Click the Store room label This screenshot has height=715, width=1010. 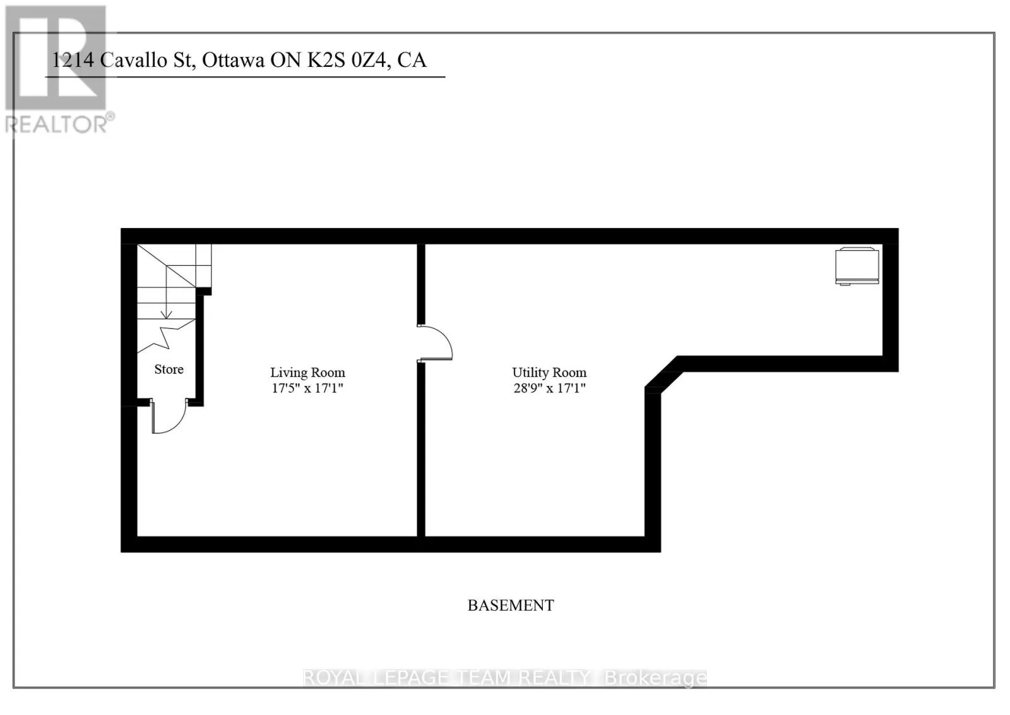click(x=169, y=370)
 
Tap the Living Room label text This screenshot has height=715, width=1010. click(x=307, y=373)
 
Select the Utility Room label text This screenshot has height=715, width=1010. click(x=549, y=373)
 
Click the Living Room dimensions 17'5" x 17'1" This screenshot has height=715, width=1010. click(x=307, y=388)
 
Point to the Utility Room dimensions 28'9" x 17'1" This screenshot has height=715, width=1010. click(x=549, y=388)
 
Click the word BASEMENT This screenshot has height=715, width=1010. click(x=511, y=605)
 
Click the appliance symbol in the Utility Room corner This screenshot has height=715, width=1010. click(x=857, y=266)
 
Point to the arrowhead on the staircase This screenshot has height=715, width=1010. click(x=167, y=315)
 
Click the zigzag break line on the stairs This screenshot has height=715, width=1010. click(x=166, y=335)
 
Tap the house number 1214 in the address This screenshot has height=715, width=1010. click(x=73, y=61)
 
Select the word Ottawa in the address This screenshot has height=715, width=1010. click(x=233, y=61)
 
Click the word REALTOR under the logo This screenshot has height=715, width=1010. click(x=56, y=124)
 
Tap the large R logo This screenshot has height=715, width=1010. click(x=56, y=57)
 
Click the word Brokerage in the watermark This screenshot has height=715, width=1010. click(x=656, y=678)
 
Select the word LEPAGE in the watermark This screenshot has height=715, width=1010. click(x=412, y=678)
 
